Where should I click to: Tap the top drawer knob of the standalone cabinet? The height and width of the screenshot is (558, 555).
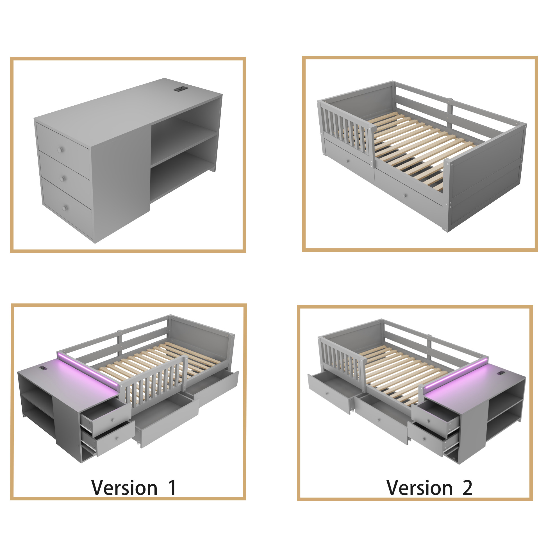pos(60,150)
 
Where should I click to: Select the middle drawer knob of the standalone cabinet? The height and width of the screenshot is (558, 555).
pos(62,179)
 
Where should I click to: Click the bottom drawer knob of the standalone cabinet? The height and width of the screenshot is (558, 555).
pos(64,208)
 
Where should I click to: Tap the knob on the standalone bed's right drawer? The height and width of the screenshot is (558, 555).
pos(406,196)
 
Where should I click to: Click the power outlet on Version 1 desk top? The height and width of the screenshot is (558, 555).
pos(43,368)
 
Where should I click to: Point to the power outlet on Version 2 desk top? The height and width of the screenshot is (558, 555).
pos(501,373)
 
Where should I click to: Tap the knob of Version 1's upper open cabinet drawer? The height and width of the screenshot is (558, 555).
pos(113,420)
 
